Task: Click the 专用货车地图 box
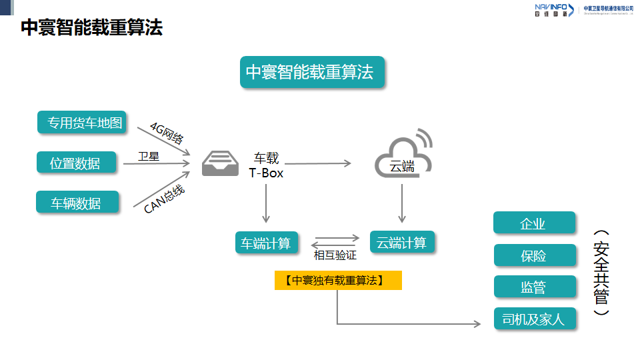pos(83,123)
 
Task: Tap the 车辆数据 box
pos(77,203)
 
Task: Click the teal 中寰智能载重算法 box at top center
pos(312,73)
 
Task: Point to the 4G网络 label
pos(166,133)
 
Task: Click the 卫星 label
pos(148,157)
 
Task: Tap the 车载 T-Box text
pos(266,165)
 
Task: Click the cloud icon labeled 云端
pos(402,157)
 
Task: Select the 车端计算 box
pos(266,243)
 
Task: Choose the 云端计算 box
pos(401,243)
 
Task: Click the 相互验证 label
pos(335,255)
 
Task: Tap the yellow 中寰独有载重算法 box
pos(338,281)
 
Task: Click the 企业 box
pos(533,223)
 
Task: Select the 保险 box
pos(533,255)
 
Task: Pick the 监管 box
pos(533,287)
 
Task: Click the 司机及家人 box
pos(533,319)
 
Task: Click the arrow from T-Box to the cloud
pos(318,163)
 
